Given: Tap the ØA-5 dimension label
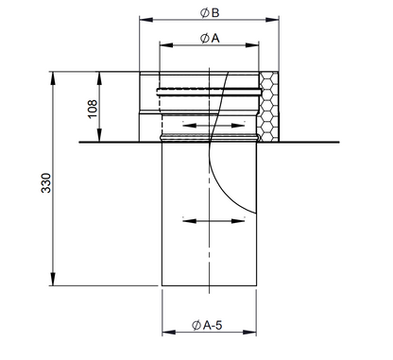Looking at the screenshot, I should tap(212, 326).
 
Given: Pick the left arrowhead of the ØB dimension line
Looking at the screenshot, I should tap(145, 19).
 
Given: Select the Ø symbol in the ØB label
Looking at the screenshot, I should tap(203, 11).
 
